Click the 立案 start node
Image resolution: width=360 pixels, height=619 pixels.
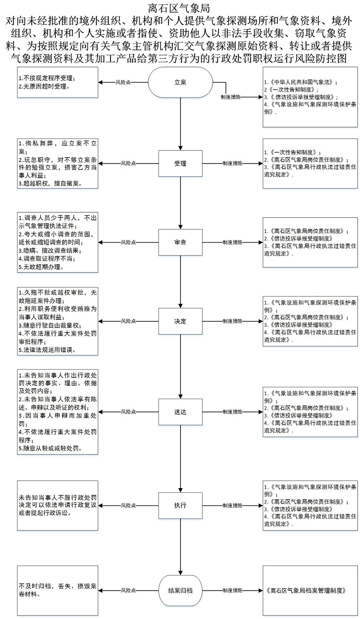point(180,83)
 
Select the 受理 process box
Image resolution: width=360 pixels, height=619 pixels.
point(180,163)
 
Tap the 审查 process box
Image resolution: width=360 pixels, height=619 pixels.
point(180,242)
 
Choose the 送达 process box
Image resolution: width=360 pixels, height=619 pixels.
point(180,412)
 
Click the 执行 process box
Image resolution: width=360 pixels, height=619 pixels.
point(180,505)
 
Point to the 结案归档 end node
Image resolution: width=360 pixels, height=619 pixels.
point(180,590)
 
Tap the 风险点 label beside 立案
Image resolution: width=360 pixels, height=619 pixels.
point(123,83)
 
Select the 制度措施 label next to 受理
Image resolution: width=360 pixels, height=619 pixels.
point(232,163)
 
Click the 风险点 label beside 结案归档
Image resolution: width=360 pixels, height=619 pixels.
point(128,590)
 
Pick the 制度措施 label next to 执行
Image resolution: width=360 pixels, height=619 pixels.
point(232,505)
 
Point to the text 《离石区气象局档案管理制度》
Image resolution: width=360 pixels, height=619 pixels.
point(306,590)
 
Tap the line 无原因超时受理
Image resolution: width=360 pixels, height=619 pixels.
point(44,86)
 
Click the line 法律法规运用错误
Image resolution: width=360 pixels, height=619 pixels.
point(47,350)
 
